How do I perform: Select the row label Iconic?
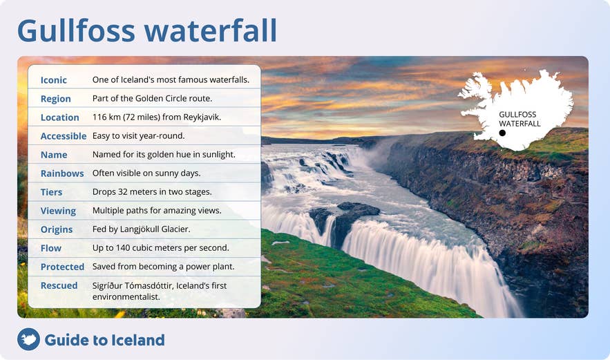pyautogui.click(x=54, y=80)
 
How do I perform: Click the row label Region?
pyautogui.click(x=56, y=99)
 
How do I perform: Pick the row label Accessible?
pyautogui.click(x=64, y=136)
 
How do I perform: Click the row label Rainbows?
pyautogui.click(x=62, y=173)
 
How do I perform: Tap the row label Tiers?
pyautogui.click(x=51, y=192)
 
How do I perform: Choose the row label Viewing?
pyautogui.click(x=58, y=211)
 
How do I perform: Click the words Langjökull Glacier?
pyautogui.click(x=160, y=229)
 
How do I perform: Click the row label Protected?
pyautogui.click(x=62, y=267)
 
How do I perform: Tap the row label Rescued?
pyautogui.click(x=59, y=285)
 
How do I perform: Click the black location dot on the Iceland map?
pyautogui.click(x=502, y=133)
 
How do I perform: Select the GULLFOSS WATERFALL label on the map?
pyautogui.click(x=520, y=119)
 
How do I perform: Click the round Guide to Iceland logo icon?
pyautogui.click(x=28, y=339)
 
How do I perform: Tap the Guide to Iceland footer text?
pyautogui.click(x=104, y=340)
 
